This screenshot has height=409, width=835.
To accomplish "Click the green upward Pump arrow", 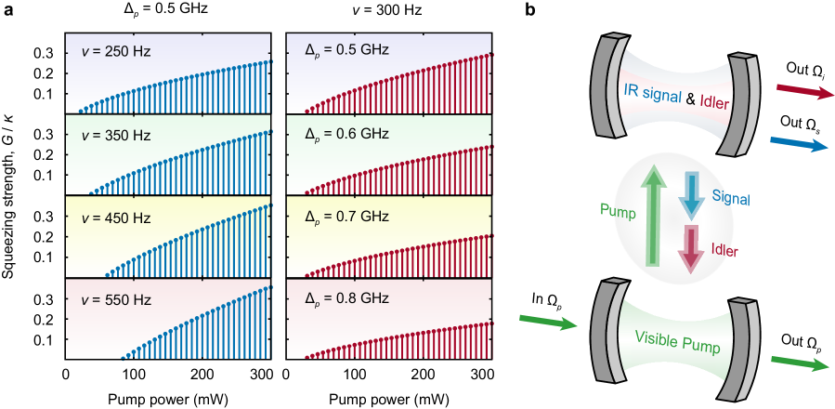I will [x=656, y=213].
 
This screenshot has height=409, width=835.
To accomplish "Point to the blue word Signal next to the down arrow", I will [x=731, y=197].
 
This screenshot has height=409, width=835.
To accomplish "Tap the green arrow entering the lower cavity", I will [x=549, y=322].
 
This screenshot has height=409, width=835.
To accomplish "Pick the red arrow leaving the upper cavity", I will [x=805, y=90].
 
